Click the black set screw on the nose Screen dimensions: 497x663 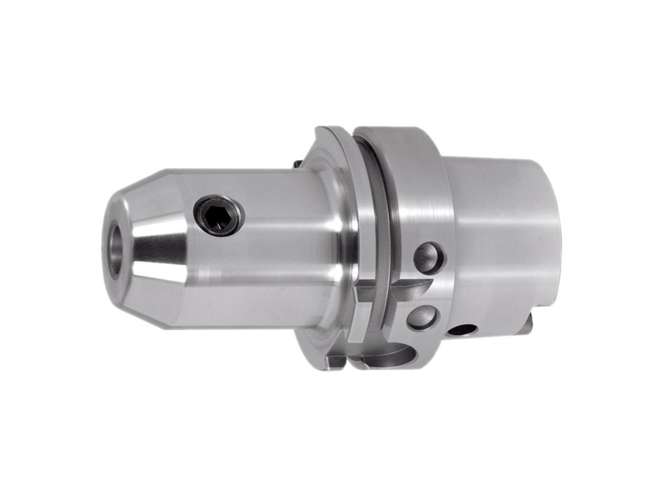[219, 216]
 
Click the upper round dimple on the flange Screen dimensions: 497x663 [429, 258]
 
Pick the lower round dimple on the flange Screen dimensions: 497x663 [422, 318]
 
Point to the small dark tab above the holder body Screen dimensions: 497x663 [297, 163]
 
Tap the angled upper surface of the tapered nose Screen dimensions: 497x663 [149, 191]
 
